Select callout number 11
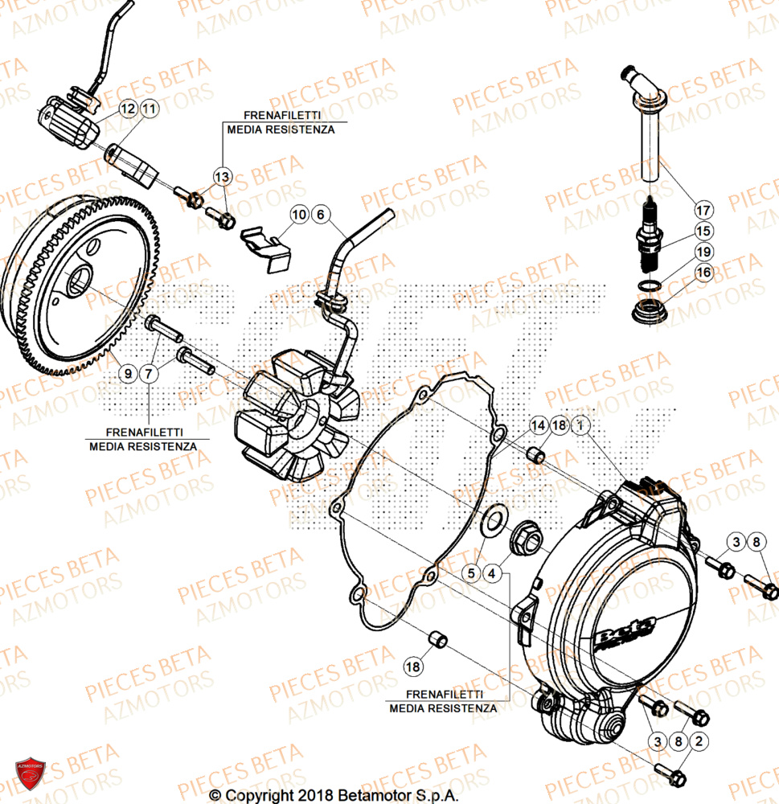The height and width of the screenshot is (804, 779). coord(149,108)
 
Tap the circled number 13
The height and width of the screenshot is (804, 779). coord(222,175)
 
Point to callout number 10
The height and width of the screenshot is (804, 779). coord(299,215)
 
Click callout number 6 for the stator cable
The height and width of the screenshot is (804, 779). coord(320,215)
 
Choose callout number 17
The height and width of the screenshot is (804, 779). coord(704,211)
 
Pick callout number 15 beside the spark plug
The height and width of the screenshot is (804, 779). coord(704,232)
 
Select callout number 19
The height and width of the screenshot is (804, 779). coord(704,252)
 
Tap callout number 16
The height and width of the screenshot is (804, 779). coord(704,273)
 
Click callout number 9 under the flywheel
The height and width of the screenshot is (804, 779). coord(127,372)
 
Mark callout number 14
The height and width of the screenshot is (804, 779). coord(538,425)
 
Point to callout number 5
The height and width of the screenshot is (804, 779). coord(472,573)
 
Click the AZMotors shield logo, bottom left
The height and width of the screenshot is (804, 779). coord(30,777)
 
